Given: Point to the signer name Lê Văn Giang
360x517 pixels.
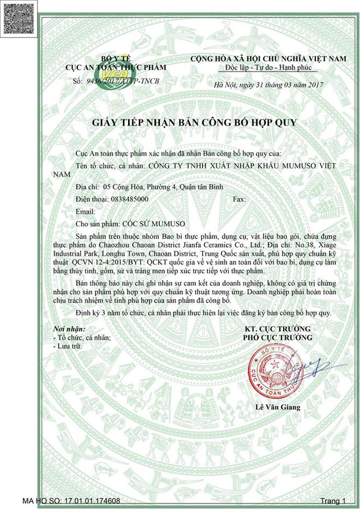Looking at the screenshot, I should [278, 407].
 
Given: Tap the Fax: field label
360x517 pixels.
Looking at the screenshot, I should [239, 200].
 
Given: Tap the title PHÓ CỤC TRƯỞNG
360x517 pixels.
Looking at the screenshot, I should [278, 338].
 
